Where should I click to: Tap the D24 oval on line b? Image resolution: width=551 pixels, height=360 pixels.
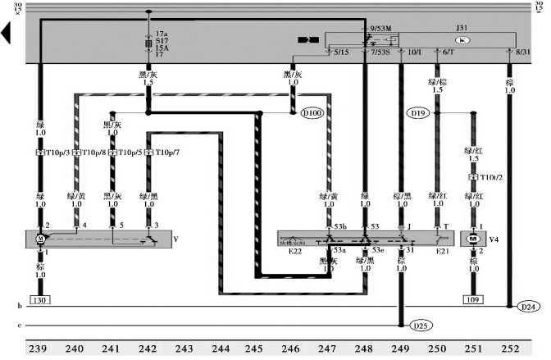(x=530, y=307)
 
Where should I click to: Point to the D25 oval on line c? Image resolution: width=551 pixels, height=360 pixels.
(x=421, y=326)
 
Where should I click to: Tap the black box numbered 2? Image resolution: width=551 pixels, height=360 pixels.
(x=308, y=39)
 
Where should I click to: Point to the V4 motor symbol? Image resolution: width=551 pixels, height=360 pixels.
(x=472, y=238)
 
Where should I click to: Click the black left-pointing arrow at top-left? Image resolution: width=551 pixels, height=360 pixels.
(x=7, y=33)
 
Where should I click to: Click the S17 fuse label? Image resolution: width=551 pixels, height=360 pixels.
(x=162, y=38)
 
